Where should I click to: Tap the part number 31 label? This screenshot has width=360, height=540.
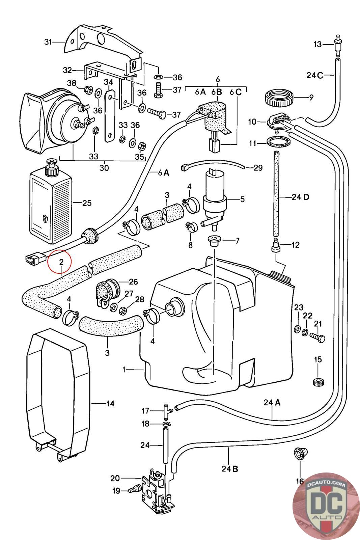click(49, 42)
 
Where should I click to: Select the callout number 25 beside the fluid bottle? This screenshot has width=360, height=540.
click(87, 203)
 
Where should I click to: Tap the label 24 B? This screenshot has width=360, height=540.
click(230, 468)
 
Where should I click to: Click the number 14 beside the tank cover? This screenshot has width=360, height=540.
click(110, 403)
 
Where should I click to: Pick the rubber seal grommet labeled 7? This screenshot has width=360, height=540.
click(213, 241)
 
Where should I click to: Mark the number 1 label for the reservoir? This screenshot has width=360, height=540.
click(124, 370)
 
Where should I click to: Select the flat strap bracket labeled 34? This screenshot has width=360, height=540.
click(109, 115)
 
